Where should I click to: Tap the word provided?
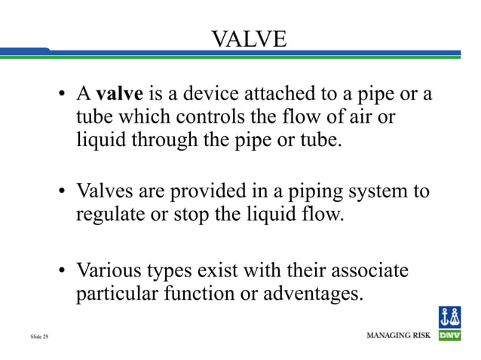[208, 191]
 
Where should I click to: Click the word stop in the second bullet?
[191, 215]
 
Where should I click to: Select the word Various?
[108, 269]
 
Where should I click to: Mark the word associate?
[368, 269]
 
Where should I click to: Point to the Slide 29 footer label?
[40, 335]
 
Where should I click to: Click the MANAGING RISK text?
[398, 334]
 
